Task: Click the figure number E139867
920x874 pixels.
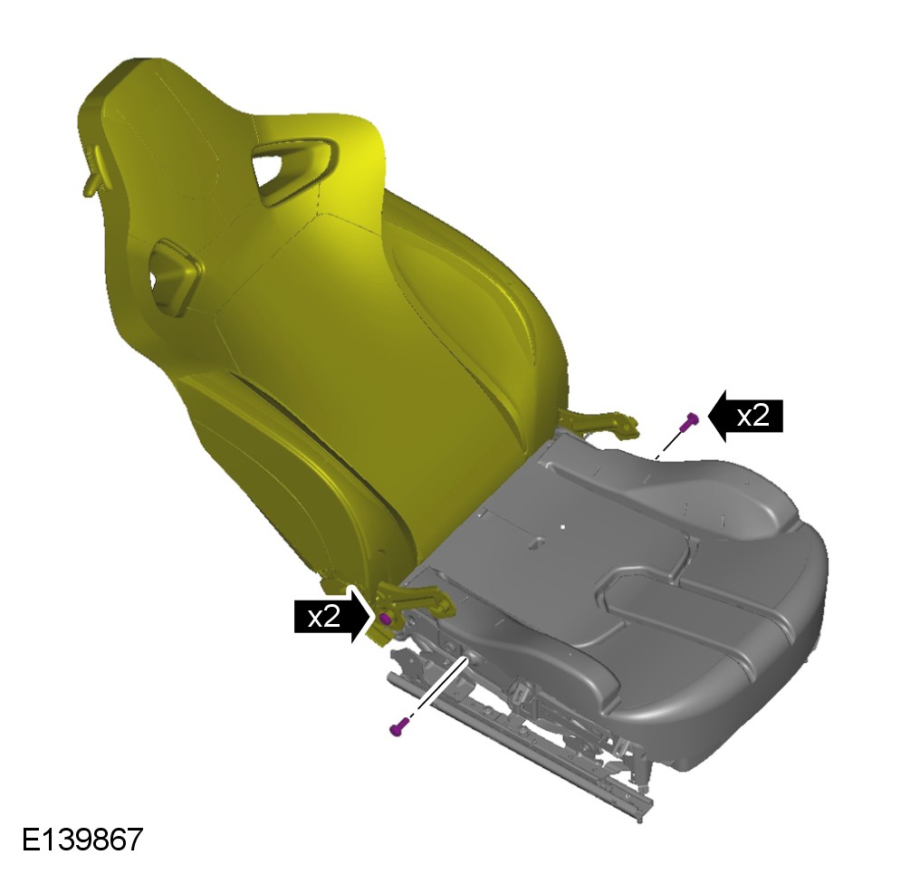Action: [82, 840]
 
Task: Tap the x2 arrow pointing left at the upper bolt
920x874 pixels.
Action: [745, 416]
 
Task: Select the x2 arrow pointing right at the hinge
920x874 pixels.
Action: [331, 616]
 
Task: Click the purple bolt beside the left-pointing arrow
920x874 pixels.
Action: [690, 421]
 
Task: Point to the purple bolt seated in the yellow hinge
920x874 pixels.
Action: [386, 619]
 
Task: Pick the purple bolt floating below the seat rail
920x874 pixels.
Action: [398, 727]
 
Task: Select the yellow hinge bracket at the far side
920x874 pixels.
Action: [599, 423]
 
